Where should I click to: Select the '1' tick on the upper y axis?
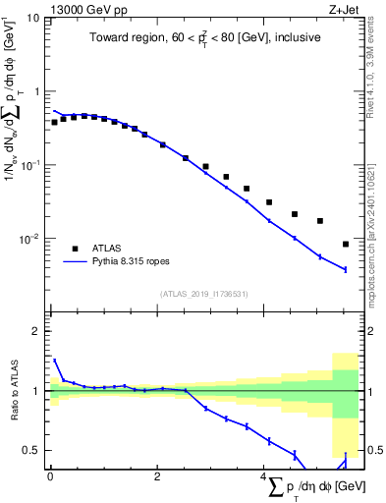pyautogui.click(x=37, y=91)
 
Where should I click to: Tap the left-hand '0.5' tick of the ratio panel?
pyautogui.click(x=33, y=450)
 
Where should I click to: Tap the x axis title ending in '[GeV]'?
pyautogui.click(x=313, y=488)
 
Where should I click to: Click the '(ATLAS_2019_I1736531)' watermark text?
pyautogui.click(x=202, y=294)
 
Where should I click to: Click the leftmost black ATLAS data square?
pyautogui.click(x=54, y=123)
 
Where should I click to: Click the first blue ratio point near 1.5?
pyautogui.click(x=54, y=361)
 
